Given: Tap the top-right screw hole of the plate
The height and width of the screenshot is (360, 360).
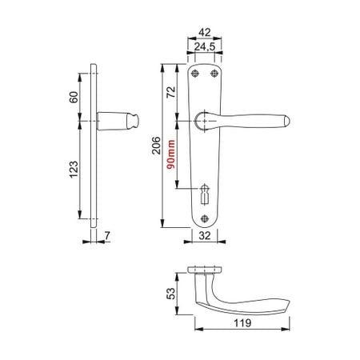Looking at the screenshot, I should [x=214, y=74].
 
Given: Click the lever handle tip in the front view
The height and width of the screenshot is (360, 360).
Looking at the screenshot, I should [x=286, y=122].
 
